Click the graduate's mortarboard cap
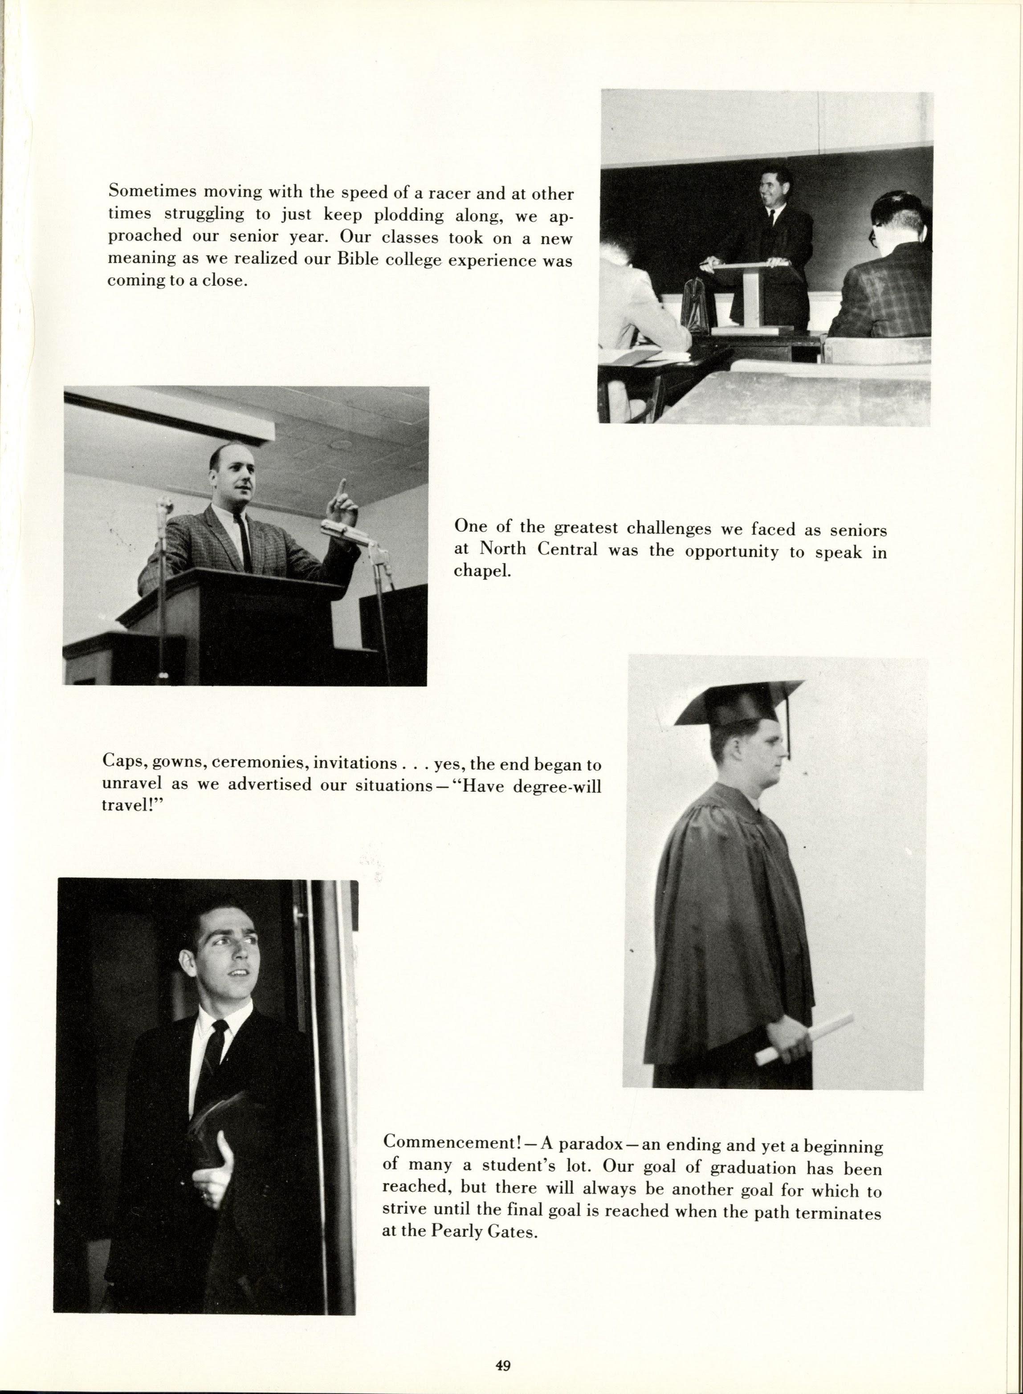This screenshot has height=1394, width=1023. point(737,704)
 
